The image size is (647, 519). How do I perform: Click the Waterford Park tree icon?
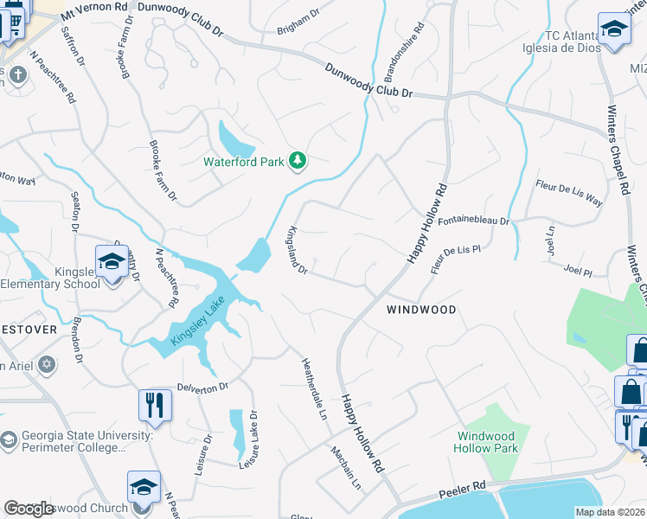tap(298, 161)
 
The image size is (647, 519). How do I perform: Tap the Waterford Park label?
tap(244, 161)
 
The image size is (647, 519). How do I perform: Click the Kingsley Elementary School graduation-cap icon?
tap(112, 261)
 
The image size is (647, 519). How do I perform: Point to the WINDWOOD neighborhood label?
tap(421, 309)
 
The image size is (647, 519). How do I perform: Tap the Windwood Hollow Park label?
tap(486, 442)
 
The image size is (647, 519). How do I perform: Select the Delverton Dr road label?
tap(202, 387)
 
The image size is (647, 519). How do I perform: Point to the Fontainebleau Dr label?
tap(474, 221)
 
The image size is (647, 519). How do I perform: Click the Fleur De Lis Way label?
tap(568, 193)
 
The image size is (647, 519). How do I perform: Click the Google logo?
tap(29, 509)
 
